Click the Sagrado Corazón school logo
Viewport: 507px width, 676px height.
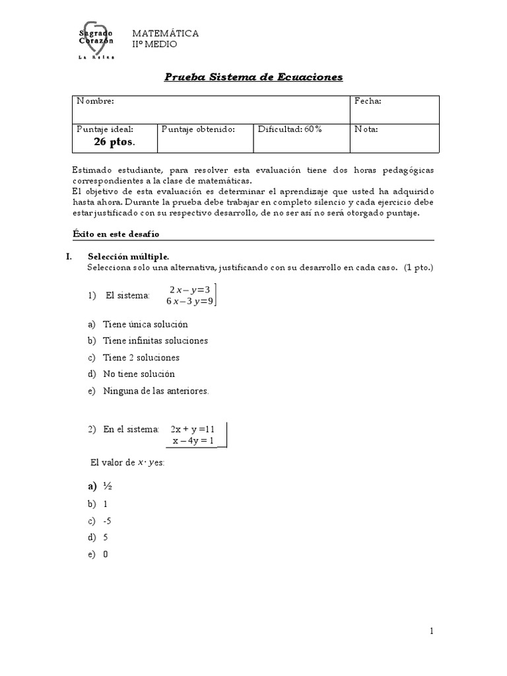[x=96, y=42]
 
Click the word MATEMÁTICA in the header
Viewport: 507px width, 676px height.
[x=166, y=33]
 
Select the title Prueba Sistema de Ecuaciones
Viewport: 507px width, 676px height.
[x=253, y=77]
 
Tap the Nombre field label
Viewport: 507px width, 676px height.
[x=96, y=101]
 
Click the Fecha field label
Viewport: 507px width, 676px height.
[x=368, y=101]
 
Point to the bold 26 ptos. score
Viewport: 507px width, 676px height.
[x=114, y=142]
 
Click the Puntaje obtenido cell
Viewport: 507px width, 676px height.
[x=198, y=129]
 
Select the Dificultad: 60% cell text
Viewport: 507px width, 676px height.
[x=290, y=129]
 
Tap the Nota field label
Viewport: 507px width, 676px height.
[x=366, y=129]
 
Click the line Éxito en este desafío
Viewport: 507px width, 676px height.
[x=116, y=234]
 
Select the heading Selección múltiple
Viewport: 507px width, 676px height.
[x=129, y=256]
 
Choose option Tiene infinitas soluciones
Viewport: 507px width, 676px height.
[x=155, y=341]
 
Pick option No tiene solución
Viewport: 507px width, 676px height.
[x=139, y=374]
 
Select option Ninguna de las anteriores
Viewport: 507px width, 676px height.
[x=156, y=391]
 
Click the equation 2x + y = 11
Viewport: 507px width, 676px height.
[x=193, y=428]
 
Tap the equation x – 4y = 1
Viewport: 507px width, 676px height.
[x=193, y=440]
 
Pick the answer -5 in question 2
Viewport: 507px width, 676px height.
[x=107, y=521]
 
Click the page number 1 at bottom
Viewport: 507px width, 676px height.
[x=432, y=632]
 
